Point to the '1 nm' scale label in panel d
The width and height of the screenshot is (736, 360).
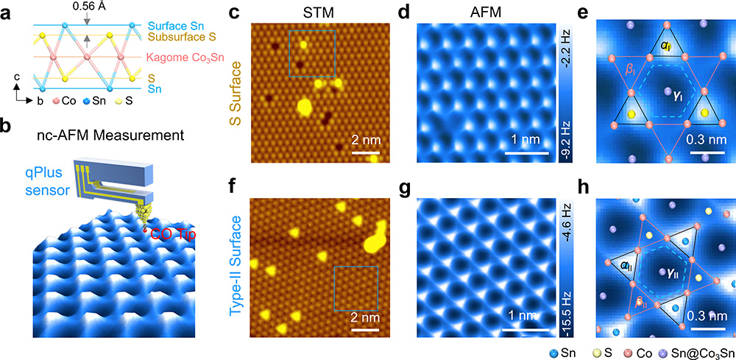(527, 140)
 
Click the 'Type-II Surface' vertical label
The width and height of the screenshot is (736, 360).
(238, 257)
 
